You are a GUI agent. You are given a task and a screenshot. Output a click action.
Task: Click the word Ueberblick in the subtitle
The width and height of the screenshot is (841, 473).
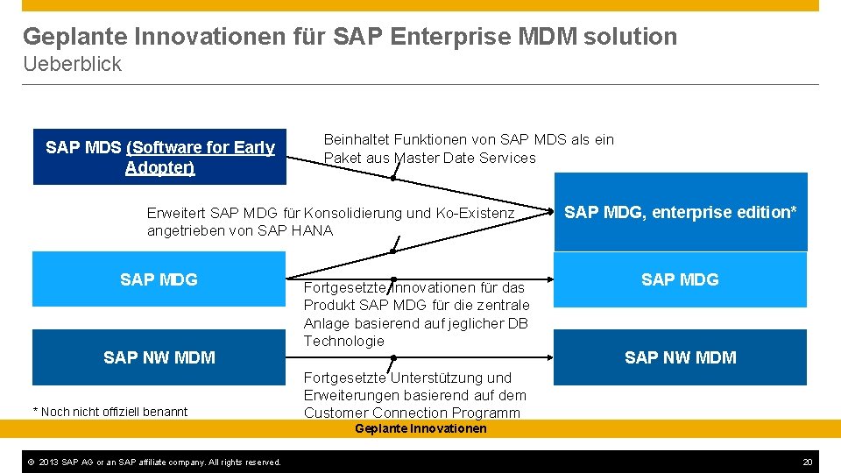click(x=72, y=64)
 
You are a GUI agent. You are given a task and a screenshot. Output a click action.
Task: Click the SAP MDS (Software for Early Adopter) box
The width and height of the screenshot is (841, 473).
click(x=159, y=157)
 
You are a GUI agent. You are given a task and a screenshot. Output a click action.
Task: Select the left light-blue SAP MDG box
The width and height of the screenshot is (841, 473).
click(x=159, y=279)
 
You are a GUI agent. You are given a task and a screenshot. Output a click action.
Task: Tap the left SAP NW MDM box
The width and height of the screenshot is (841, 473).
click(x=159, y=357)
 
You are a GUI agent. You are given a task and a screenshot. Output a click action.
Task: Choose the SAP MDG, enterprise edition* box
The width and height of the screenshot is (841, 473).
click(x=680, y=212)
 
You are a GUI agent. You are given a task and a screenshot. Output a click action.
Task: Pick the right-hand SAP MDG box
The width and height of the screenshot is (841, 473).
click(x=680, y=279)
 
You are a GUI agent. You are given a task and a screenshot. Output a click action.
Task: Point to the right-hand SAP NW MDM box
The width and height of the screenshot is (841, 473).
click(x=680, y=357)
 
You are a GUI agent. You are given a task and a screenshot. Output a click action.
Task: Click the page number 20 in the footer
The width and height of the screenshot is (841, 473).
click(x=808, y=462)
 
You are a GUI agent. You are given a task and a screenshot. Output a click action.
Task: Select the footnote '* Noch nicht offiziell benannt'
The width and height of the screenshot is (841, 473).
click(x=110, y=412)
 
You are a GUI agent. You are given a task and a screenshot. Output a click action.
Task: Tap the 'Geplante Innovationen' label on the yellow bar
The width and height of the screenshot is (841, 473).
click(x=420, y=428)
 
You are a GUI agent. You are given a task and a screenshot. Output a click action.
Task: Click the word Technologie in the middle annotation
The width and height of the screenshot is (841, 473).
click(x=343, y=341)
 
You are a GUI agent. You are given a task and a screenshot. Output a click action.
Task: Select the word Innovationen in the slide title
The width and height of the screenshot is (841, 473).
click(x=208, y=37)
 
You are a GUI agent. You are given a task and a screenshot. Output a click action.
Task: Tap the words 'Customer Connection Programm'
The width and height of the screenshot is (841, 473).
click(x=412, y=413)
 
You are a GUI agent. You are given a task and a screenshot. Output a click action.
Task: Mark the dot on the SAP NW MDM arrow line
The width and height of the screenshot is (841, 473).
click(x=393, y=357)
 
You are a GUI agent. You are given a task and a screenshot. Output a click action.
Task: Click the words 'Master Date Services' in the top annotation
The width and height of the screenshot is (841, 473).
click(x=465, y=158)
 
